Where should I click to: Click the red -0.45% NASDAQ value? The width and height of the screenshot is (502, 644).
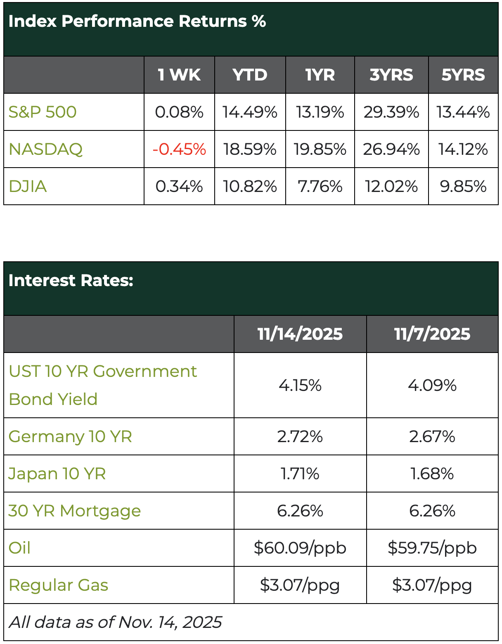(179, 149)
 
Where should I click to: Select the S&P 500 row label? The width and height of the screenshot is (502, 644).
(43, 112)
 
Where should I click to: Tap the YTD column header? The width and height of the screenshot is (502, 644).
(250, 75)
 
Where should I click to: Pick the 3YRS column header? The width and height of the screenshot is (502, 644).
(391, 75)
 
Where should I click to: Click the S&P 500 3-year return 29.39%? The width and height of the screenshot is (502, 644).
(391, 112)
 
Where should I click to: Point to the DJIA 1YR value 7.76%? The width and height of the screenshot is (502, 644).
(320, 186)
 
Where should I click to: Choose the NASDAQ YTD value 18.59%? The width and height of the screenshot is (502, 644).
(250, 149)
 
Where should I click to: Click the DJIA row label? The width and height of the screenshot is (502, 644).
(28, 186)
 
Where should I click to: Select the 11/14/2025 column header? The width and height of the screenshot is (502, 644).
(300, 334)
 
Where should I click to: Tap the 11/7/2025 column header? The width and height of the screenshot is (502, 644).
(432, 334)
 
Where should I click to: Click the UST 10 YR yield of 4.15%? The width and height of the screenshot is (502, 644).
(300, 385)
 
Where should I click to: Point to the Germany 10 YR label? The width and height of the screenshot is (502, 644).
(70, 436)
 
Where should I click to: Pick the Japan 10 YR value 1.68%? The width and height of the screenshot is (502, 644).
(432, 474)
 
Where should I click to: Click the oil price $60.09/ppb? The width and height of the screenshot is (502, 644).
(300, 548)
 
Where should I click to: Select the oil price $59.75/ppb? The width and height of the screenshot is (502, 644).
(432, 548)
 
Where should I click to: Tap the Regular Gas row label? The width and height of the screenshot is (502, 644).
(58, 585)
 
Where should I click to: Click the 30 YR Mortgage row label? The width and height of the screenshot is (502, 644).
(74, 511)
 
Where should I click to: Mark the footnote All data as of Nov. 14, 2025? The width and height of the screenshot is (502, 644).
(115, 622)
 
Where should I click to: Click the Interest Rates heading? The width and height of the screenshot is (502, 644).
(71, 280)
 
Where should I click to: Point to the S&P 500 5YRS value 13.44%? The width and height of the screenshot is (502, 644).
(463, 112)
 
